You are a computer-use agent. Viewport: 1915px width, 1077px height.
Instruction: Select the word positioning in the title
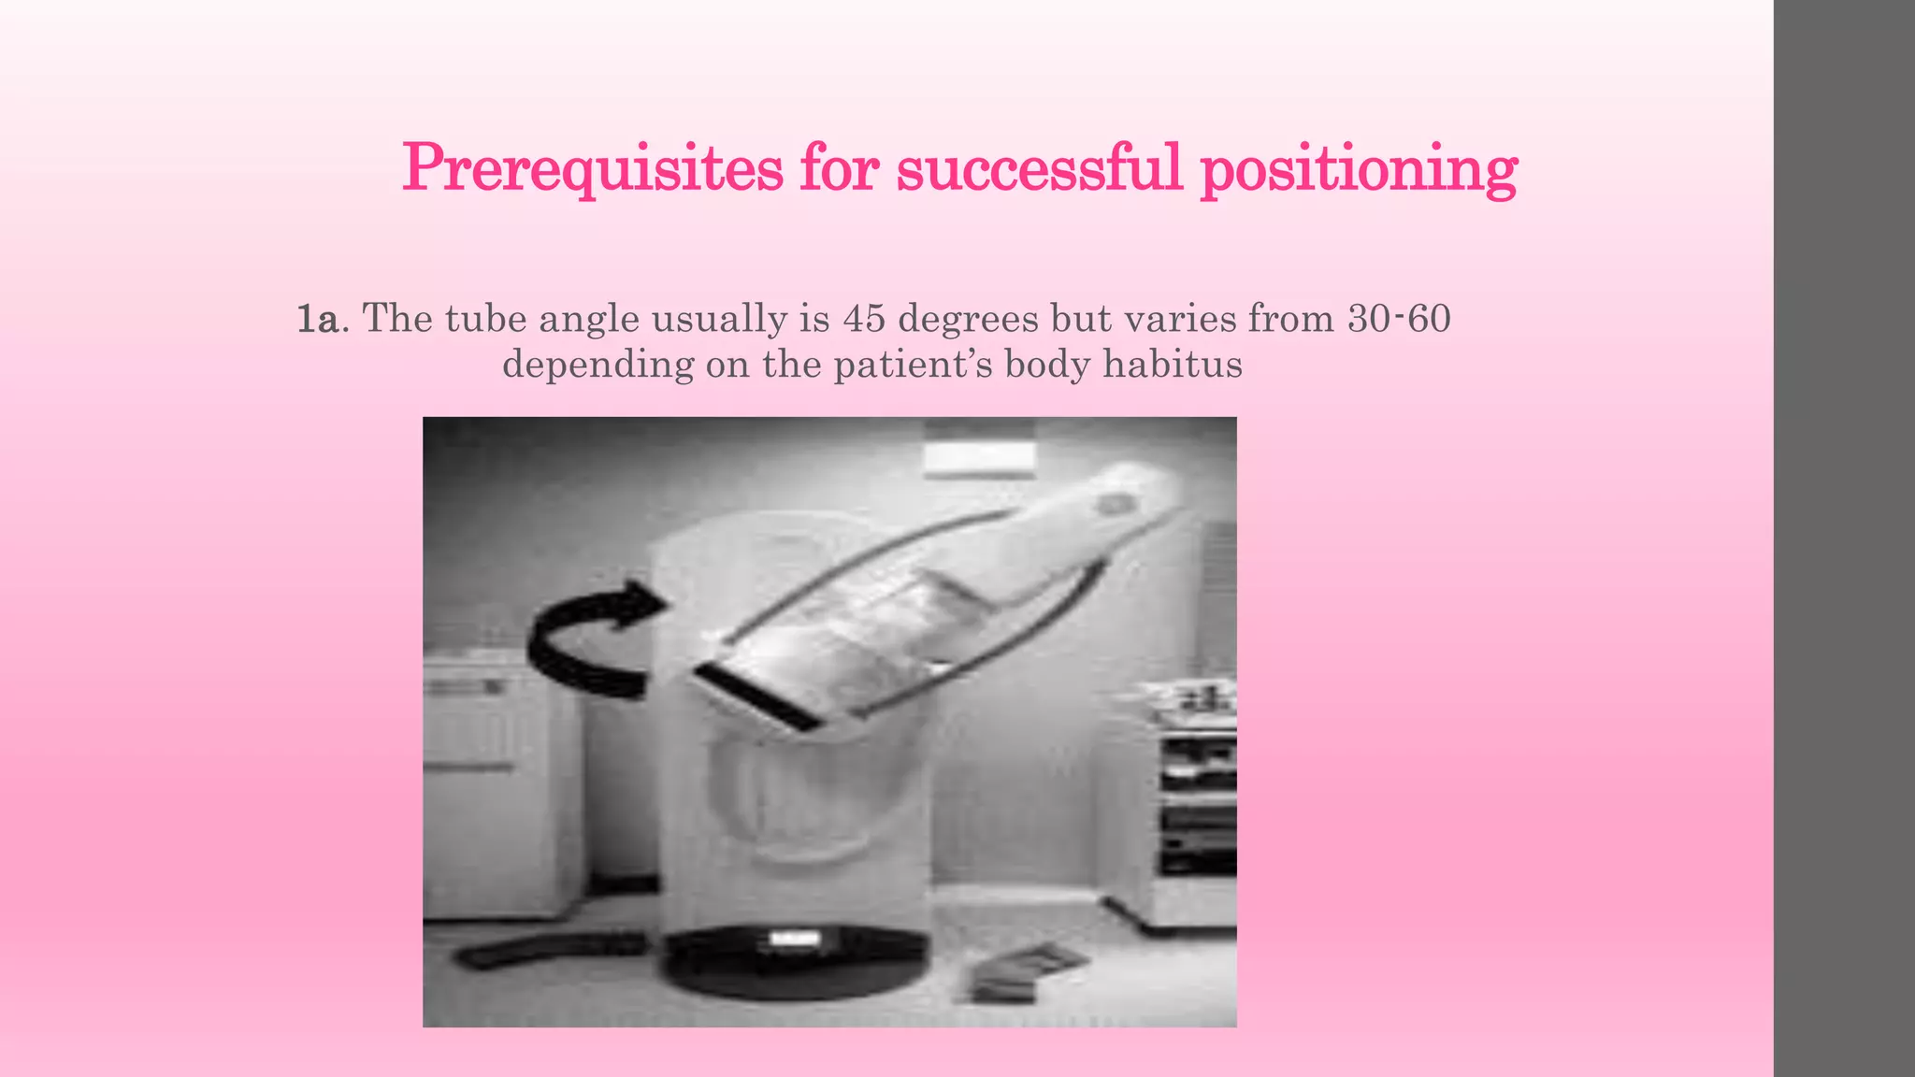pos(1358,170)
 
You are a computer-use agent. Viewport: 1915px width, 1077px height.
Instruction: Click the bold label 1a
pos(317,320)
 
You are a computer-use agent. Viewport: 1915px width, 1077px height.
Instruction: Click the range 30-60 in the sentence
pos(1399,319)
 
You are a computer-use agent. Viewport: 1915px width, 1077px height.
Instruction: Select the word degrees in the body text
pos(968,321)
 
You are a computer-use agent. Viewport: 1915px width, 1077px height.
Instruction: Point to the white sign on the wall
pos(979,454)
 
